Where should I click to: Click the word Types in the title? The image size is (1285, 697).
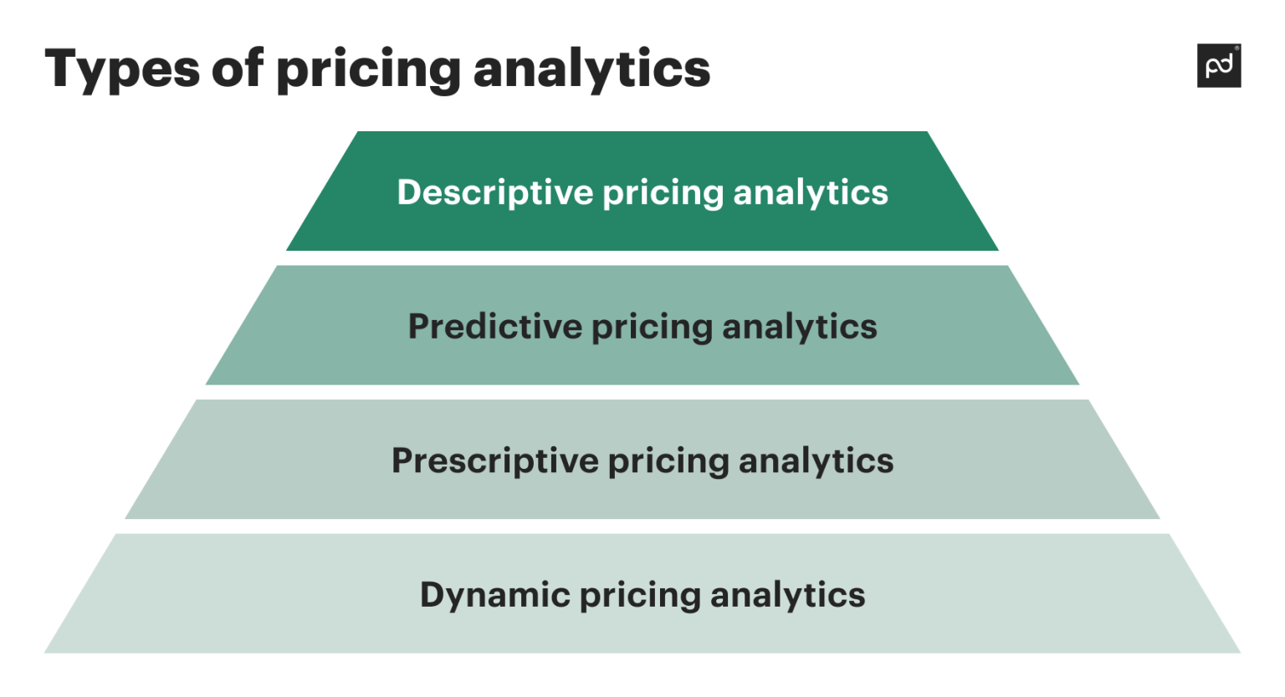(122, 69)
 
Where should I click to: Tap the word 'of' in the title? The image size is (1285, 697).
(238, 68)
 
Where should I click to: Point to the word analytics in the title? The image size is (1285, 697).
(591, 69)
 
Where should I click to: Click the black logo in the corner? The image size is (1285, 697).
(1219, 65)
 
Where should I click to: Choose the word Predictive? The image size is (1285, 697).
(494, 327)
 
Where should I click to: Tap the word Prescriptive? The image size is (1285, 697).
(494, 461)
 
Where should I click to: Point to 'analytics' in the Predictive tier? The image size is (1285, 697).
(799, 328)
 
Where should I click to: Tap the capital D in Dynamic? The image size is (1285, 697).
(432, 594)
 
